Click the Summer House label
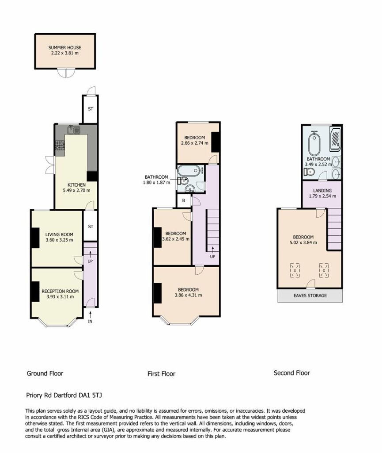tap(64, 47)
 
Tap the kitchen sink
tap(74, 130)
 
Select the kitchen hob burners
tap(60, 145)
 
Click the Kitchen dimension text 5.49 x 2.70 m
tap(76, 190)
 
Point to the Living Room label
tap(59, 234)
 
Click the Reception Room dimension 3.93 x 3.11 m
tap(60, 297)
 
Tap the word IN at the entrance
tap(90, 321)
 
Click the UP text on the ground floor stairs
tap(90, 261)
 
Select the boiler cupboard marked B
tap(184, 200)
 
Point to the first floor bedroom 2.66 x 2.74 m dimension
tap(195, 143)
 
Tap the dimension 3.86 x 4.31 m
tap(188, 295)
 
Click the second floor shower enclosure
tap(335, 139)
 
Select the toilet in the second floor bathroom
tap(309, 172)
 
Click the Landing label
tap(322, 191)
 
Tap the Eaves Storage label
tap(310, 296)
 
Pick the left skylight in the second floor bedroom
tap(295, 270)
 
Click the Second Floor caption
tap(292, 373)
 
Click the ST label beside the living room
tap(91, 226)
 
